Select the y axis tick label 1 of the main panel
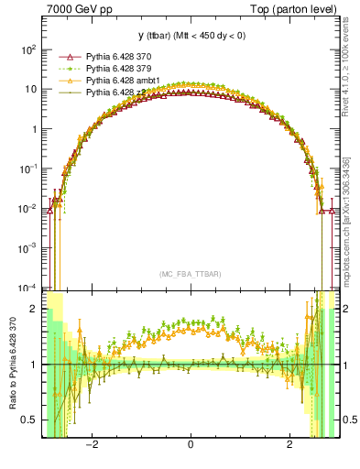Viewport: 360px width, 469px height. click(33, 129)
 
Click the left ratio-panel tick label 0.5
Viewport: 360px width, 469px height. click(29, 420)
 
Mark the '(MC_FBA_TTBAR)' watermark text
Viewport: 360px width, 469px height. click(190, 274)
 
